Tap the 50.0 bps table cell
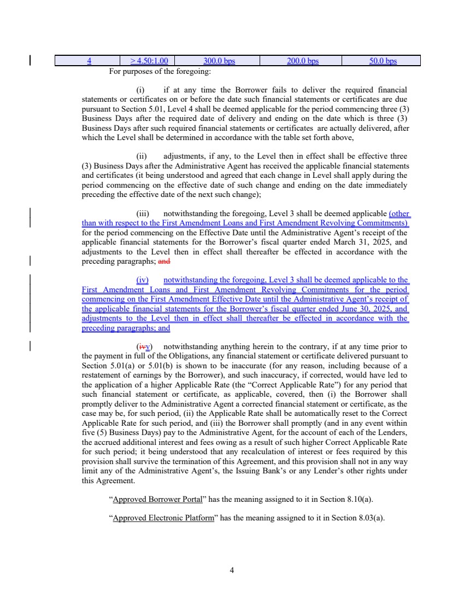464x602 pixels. [x=383, y=61]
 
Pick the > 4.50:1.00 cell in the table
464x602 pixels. [x=149, y=61]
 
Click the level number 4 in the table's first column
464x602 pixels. [x=89, y=61]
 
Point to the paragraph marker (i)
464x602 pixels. [x=139, y=89]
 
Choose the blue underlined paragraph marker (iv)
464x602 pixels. [x=142, y=280]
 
